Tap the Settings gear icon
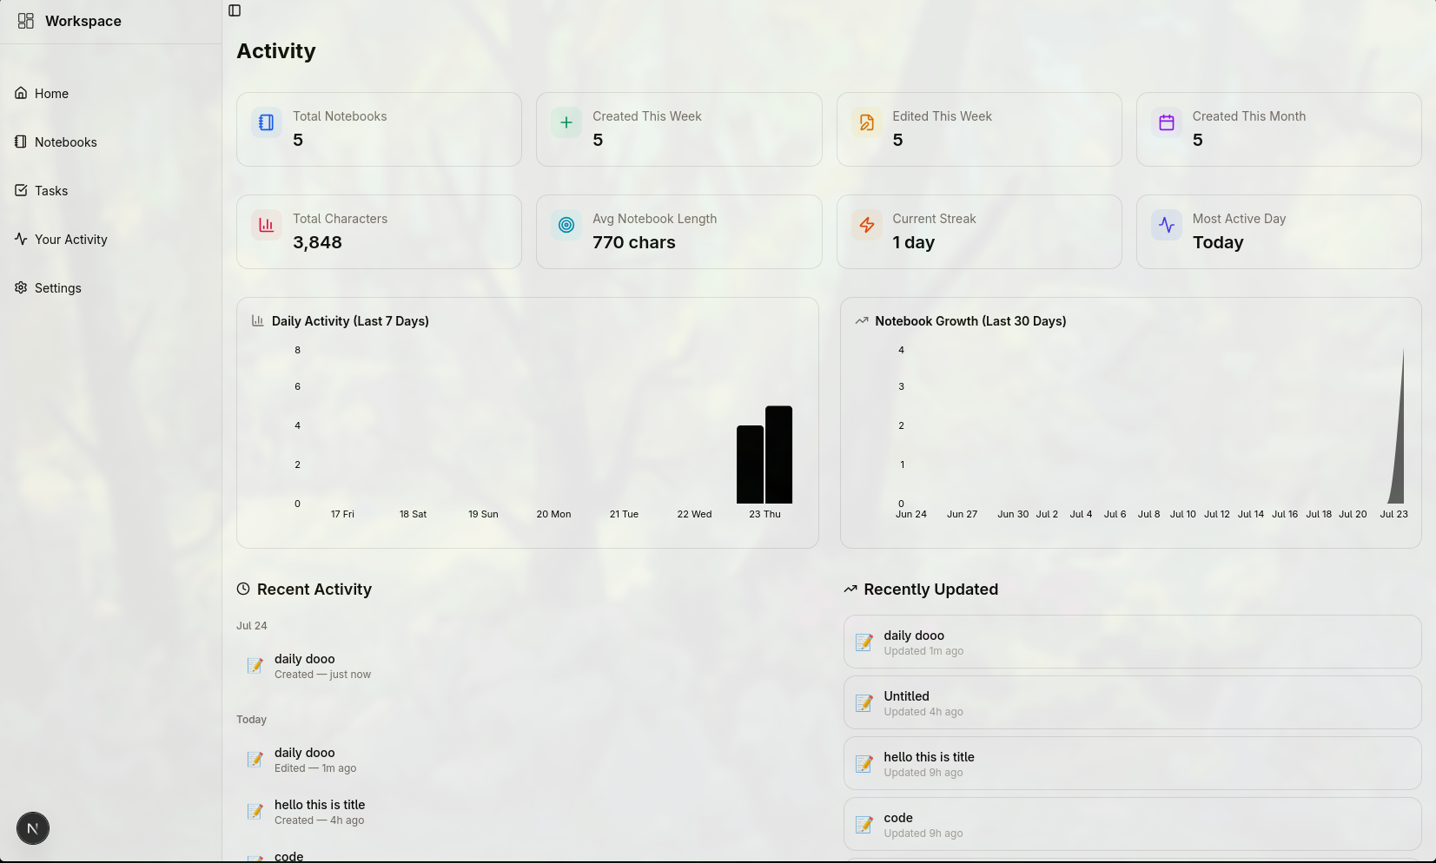21,287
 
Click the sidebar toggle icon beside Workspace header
235,10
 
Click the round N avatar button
33,828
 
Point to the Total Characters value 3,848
317,242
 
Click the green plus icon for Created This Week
566,122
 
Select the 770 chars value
634,242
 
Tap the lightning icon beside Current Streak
867,225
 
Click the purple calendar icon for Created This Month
1167,122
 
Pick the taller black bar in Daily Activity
779,454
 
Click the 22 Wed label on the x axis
694,514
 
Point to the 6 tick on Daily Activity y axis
297,386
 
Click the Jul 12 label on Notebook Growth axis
1217,514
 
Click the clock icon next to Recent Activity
243,589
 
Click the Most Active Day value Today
1218,242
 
